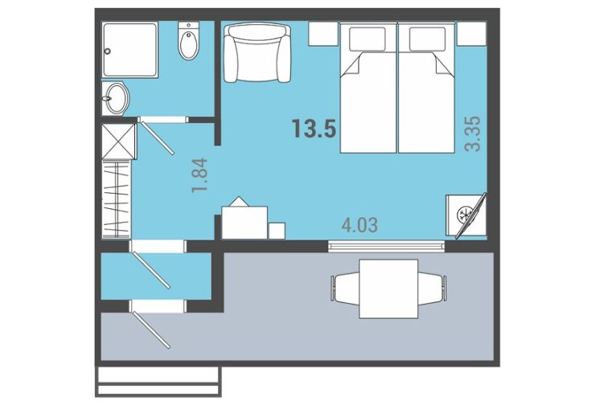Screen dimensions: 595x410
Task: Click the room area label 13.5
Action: (314, 128)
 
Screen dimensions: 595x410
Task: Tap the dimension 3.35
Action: (474, 133)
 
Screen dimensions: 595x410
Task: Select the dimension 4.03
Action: (359, 225)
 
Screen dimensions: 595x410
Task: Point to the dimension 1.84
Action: (200, 174)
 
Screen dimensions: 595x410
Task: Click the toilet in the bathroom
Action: (189, 40)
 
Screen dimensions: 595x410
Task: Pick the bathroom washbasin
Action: (115, 98)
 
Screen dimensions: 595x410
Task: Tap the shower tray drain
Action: (108, 51)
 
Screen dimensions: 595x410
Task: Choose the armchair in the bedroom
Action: (257, 52)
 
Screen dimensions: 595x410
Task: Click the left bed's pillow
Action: (367, 39)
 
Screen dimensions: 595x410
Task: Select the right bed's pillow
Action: (427, 39)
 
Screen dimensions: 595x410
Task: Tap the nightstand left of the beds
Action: (323, 34)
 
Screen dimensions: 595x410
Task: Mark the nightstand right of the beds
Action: (471, 34)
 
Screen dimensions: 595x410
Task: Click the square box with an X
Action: (119, 141)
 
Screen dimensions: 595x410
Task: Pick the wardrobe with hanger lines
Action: (117, 199)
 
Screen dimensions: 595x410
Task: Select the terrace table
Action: (388, 289)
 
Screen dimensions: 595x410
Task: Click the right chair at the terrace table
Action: (433, 289)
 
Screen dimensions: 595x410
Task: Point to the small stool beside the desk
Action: (277, 231)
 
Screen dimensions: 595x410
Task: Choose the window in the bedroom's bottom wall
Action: (386, 246)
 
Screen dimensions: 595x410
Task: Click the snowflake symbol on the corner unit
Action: (465, 214)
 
